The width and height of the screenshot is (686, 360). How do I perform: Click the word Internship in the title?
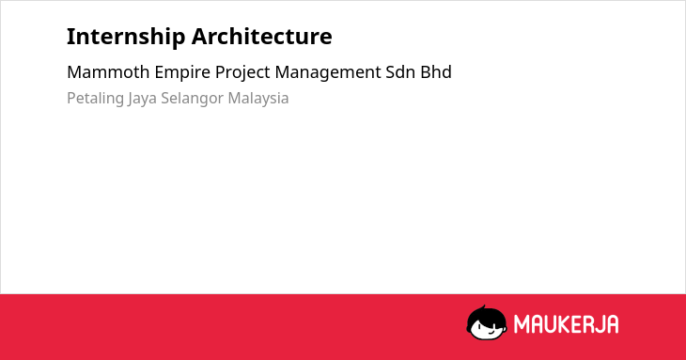(126, 38)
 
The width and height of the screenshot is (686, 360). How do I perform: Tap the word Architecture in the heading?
(261, 36)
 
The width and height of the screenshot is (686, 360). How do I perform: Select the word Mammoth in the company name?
(108, 72)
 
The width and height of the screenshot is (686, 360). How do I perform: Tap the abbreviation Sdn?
(400, 72)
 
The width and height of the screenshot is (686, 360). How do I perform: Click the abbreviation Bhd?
(436, 72)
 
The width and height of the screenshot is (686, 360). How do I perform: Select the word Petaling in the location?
(95, 99)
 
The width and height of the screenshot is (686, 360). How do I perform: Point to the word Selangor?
(192, 99)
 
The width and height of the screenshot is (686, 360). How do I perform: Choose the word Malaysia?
(258, 99)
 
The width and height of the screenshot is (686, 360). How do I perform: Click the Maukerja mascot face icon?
(487, 322)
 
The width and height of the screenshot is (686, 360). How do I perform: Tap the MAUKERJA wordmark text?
(566, 324)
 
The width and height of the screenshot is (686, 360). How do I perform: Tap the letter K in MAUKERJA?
(565, 324)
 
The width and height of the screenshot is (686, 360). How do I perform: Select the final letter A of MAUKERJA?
(613, 324)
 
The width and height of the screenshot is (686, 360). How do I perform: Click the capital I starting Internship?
(70, 37)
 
